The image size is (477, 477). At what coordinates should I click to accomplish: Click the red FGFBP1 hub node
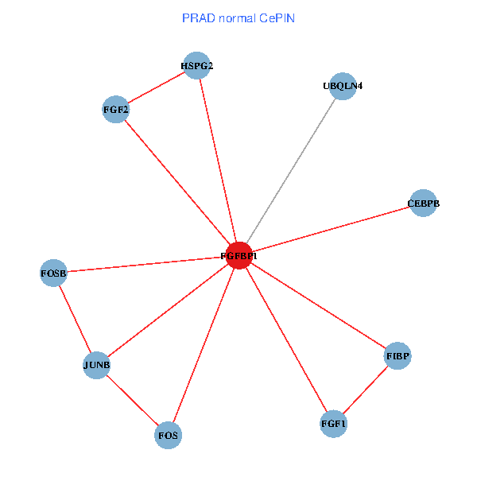point(239,256)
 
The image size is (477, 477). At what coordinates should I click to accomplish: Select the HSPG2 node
point(196,66)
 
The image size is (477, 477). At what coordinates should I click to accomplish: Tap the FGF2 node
point(116,109)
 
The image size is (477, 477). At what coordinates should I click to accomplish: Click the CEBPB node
point(423,204)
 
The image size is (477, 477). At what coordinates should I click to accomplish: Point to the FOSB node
point(53,273)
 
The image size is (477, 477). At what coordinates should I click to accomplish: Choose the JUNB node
point(96,366)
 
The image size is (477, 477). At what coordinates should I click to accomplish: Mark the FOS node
point(168,436)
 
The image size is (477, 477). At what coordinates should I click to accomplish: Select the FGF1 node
point(333,424)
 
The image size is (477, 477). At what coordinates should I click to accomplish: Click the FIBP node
point(397,356)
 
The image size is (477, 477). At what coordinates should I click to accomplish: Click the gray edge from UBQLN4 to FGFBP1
point(291,170)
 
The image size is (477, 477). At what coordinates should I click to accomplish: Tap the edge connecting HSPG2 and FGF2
point(156,87)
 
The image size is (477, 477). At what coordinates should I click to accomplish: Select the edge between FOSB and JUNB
point(75,320)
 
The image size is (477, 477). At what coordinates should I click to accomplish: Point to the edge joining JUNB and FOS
point(132,401)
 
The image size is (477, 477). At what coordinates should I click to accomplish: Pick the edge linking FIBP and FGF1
point(366,390)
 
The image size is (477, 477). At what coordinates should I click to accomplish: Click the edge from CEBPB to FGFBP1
point(331,230)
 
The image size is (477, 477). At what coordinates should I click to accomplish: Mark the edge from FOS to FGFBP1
point(204,346)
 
